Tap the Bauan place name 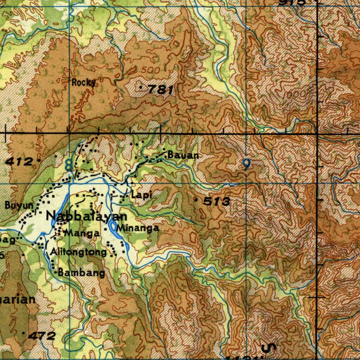click(x=183, y=155)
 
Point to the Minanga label click(x=138, y=228)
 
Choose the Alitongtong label click(x=78, y=252)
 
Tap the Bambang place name click(x=81, y=273)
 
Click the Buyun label click(x=19, y=205)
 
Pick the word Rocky click(x=84, y=83)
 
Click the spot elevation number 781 click(x=160, y=90)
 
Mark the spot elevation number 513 click(x=217, y=202)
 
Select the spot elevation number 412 click(x=19, y=162)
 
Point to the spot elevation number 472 click(x=42, y=336)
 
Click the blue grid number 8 click(x=69, y=164)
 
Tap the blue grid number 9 click(x=247, y=164)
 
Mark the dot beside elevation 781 click(x=141, y=86)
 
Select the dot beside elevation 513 click(x=196, y=199)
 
